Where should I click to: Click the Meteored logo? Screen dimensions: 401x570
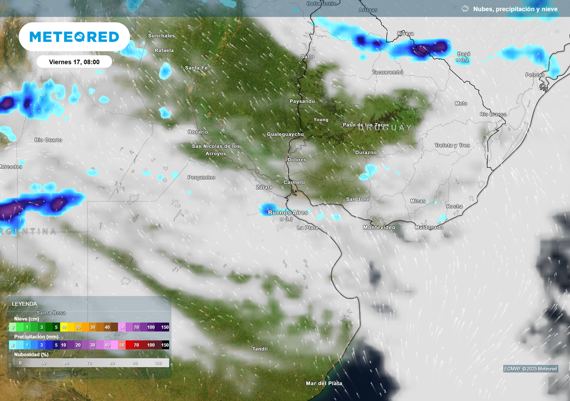point(74,37)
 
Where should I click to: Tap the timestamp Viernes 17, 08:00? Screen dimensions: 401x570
point(74,62)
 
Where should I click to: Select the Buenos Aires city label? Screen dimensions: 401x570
point(288,212)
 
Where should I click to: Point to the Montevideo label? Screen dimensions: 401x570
point(379,227)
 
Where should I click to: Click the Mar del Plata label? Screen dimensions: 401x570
point(324,383)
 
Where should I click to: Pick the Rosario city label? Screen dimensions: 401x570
point(198,131)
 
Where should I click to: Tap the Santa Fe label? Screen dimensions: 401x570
point(196,68)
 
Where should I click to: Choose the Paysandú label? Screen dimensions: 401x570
point(302,101)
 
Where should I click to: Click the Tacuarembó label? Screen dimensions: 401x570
point(387,72)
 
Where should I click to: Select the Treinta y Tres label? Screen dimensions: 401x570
point(452,145)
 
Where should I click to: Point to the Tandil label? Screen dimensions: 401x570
point(260,349)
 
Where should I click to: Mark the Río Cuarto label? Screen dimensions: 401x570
point(48,140)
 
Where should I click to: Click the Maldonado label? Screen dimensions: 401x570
point(429,227)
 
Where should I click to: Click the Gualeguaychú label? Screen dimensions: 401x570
point(285,134)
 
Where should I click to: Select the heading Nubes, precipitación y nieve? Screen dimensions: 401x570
point(515,9)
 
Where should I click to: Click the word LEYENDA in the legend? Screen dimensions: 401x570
point(24,304)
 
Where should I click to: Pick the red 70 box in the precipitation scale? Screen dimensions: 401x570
point(136,345)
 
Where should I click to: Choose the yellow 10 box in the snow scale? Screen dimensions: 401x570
point(64,327)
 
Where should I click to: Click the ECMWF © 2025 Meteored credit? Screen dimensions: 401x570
point(530,369)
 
